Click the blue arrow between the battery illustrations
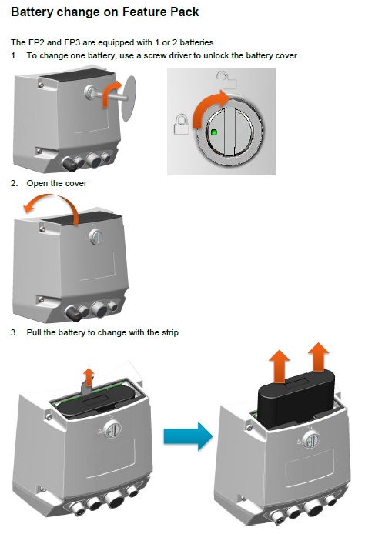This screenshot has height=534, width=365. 188,436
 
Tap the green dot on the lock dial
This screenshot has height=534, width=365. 214,132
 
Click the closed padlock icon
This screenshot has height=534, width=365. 182,125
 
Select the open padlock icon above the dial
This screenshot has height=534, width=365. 226,79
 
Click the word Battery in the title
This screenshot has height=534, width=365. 32,12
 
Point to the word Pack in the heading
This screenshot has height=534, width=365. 185,12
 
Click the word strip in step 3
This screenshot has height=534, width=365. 169,332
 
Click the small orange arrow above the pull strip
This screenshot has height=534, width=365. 89,377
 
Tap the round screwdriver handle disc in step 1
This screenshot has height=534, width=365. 129,98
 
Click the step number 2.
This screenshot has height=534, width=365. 14,183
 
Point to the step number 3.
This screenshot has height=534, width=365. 14,332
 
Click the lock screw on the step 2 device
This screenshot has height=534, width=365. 95,236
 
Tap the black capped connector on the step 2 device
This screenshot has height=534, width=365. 73,313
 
